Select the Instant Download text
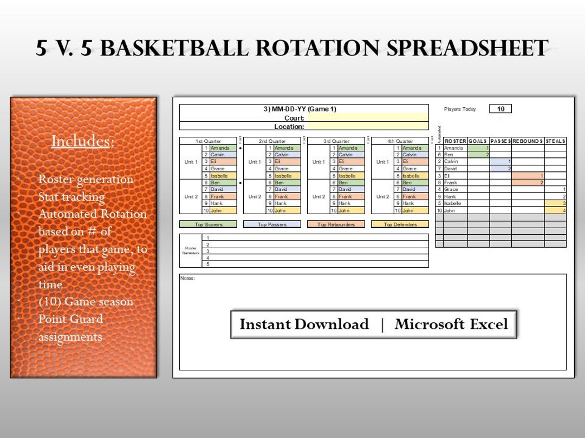click(x=304, y=324)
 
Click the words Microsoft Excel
click(x=451, y=324)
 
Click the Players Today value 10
click(x=500, y=109)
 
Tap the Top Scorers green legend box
click(x=208, y=224)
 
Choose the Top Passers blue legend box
click(x=272, y=224)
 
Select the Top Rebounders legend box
click(x=336, y=224)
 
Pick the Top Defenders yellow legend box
click(x=400, y=224)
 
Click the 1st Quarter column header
click(x=208, y=141)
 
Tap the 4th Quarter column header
click(x=400, y=141)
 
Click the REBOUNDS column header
click(x=528, y=141)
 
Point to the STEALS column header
click(x=555, y=141)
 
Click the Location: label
click(x=289, y=127)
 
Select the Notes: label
click(x=187, y=278)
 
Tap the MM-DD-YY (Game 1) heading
click(x=300, y=109)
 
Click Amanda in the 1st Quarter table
click(x=220, y=148)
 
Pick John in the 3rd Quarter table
click(x=344, y=210)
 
